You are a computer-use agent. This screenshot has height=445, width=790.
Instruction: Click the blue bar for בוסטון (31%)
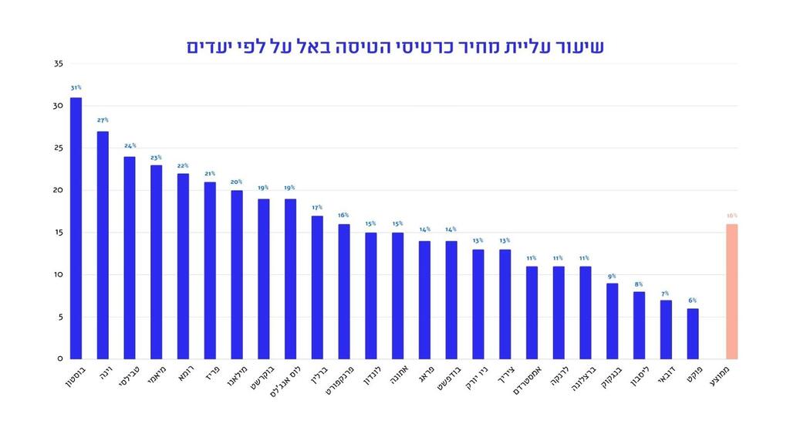click(76, 228)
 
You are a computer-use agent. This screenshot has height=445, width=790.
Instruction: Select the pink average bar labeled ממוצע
click(731, 291)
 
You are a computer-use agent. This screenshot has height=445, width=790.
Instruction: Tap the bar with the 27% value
click(103, 245)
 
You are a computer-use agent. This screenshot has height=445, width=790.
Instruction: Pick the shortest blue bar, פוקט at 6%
click(693, 334)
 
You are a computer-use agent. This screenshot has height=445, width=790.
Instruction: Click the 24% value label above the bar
click(130, 145)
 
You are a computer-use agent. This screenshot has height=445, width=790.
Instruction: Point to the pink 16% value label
click(731, 216)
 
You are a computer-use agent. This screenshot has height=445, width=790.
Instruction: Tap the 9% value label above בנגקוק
click(612, 276)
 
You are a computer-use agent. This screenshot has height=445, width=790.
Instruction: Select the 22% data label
click(183, 165)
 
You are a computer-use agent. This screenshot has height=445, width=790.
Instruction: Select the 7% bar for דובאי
click(666, 330)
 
